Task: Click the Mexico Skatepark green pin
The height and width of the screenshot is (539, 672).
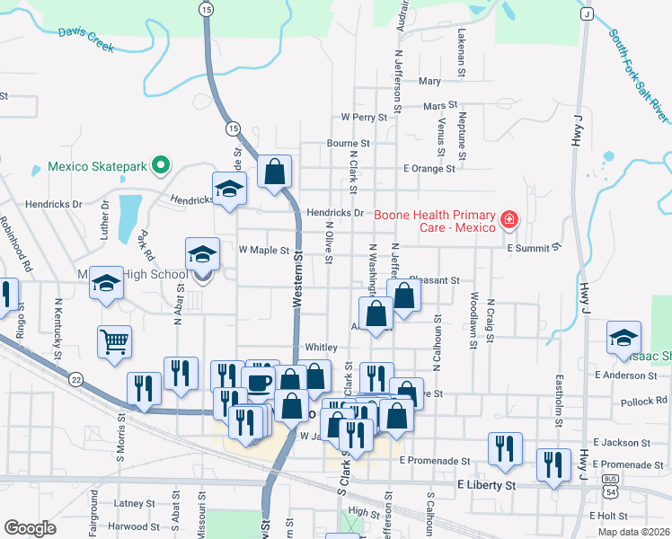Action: click(161, 165)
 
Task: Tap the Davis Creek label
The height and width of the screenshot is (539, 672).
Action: click(85, 39)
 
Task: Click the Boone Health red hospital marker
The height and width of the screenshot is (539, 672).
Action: click(509, 219)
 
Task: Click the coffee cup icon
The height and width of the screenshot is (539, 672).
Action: click(259, 382)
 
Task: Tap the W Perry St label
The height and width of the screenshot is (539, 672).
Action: click(363, 118)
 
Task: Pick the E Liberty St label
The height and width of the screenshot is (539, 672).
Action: click(486, 485)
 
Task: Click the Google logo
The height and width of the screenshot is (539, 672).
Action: click(30, 528)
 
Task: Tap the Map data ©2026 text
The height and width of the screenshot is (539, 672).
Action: click(632, 532)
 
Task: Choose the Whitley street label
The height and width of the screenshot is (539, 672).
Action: click(321, 347)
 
